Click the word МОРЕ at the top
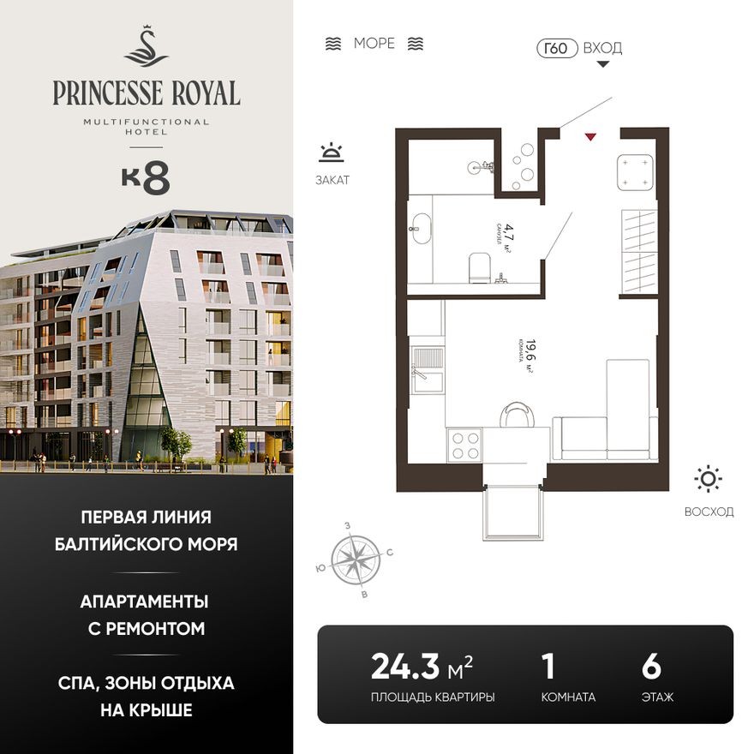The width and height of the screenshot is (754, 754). [x=374, y=44]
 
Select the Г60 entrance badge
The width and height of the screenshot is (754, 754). [x=556, y=48]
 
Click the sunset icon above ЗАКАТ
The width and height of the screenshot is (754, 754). [x=331, y=153]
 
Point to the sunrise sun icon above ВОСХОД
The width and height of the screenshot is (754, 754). [x=709, y=479]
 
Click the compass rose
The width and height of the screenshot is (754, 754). [x=356, y=560]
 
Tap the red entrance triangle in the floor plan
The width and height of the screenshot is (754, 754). [x=589, y=135]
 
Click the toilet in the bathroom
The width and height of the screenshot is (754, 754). [x=478, y=268]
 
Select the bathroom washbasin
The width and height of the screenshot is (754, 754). [x=421, y=227]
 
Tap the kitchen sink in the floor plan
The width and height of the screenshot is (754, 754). [x=428, y=369]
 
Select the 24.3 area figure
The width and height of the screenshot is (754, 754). [x=405, y=666]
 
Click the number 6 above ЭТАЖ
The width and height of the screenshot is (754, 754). [x=651, y=666]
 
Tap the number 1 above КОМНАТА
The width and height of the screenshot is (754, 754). [x=548, y=666]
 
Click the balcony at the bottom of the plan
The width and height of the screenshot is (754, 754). [x=513, y=513]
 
